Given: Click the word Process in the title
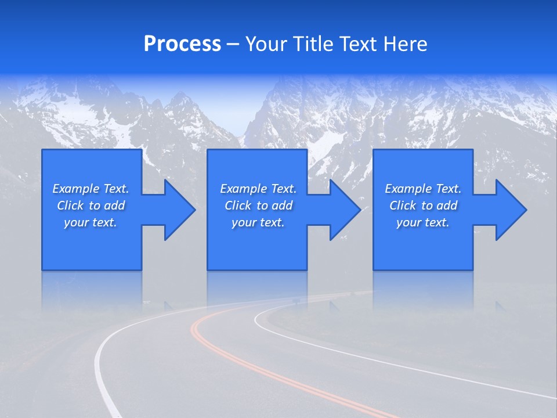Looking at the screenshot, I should tap(182, 44).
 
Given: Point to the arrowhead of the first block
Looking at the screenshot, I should tap(177, 210).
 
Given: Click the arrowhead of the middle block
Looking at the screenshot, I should tap(342, 210).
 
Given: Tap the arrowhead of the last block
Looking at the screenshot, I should tap(508, 210).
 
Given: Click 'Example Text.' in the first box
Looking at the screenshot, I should tap(91, 189).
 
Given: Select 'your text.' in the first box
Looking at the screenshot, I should tap(91, 222).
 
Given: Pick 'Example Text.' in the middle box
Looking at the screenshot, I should tap(258, 189).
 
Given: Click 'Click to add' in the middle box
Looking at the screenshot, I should tap(258, 206).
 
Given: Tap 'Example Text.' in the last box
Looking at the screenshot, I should tap(423, 189).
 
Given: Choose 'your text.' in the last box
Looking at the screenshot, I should tap(423, 222).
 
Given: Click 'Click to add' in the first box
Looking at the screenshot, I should tap(91, 206).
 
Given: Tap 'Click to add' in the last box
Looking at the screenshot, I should tap(423, 206).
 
